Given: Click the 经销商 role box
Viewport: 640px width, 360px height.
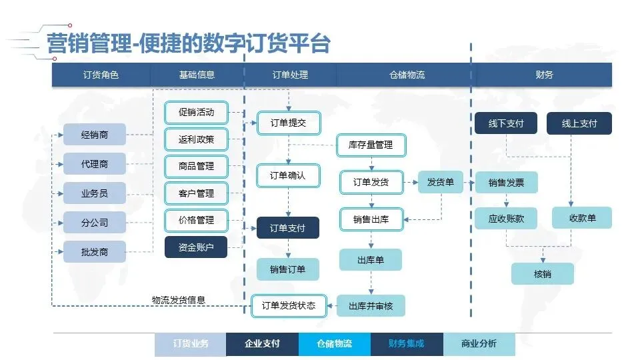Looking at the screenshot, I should click(x=95, y=135).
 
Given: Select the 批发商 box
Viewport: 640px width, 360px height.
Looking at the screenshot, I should click(x=95, y=252).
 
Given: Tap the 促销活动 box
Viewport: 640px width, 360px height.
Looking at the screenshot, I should click(x=196, y=112).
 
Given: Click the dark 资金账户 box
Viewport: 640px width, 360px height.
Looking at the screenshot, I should click(x=196, y=247).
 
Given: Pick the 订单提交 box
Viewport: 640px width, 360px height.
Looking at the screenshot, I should click(x=288, y=123).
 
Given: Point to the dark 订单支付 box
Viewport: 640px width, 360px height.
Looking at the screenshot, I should click(x=288, y=228).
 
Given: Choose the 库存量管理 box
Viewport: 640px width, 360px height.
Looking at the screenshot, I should click(x=371, y=145).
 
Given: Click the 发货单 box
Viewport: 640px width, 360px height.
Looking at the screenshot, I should click(x=441, y=182).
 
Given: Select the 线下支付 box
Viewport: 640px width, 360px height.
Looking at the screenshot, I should click(x=506, y=123).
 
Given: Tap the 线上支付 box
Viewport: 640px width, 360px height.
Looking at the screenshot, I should click(x=579, y=123).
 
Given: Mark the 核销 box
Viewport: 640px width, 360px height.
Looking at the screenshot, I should click(x=543, y=274).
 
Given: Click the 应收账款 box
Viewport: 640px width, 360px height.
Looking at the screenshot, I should click(x=506, y=218).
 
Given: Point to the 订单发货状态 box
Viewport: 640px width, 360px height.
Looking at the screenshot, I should click(x=288, y=305).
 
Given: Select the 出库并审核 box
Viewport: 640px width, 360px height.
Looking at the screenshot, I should click(x=371, y=306).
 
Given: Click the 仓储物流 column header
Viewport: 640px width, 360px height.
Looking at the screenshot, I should click(x=407, y=75).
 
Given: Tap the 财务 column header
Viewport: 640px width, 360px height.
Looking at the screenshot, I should click(x=544, y=75).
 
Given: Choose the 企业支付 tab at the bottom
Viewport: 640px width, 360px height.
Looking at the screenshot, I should click(x=262, y=344).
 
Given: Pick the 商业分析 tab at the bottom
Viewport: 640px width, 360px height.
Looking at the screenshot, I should click(x=479, y=344).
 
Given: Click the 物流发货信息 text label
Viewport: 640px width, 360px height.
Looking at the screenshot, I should click(x=179, y=300).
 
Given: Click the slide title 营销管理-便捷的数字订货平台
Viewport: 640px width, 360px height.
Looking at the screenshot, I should click(x=189, y=43).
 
